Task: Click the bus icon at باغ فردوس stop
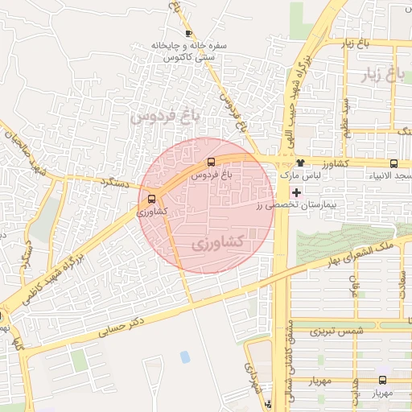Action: (211, 162)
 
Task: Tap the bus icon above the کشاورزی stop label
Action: (152, 200)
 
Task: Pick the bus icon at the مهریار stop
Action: (382, 381)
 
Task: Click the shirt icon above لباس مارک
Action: (300, 163)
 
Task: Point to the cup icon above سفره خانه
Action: (188, 33)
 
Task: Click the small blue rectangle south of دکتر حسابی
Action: (185, 356)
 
